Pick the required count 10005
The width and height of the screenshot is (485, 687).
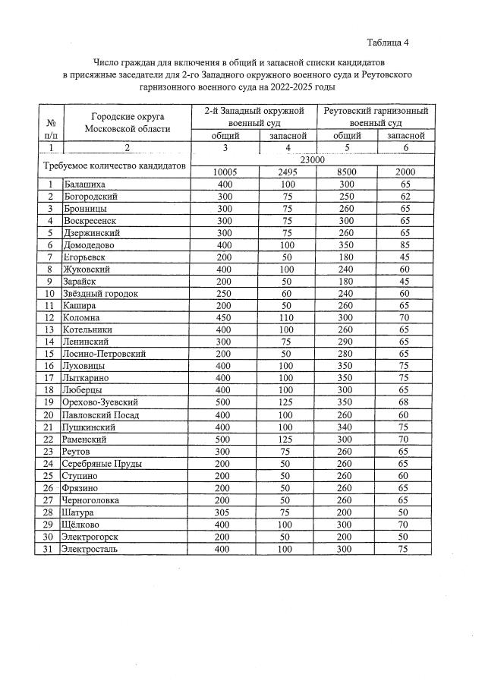click(226, 172)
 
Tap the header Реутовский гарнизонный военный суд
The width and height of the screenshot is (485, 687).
click(376, 117)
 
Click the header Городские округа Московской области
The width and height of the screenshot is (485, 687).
click(128, 122)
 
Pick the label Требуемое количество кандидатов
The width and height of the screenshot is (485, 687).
click(112, 165)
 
